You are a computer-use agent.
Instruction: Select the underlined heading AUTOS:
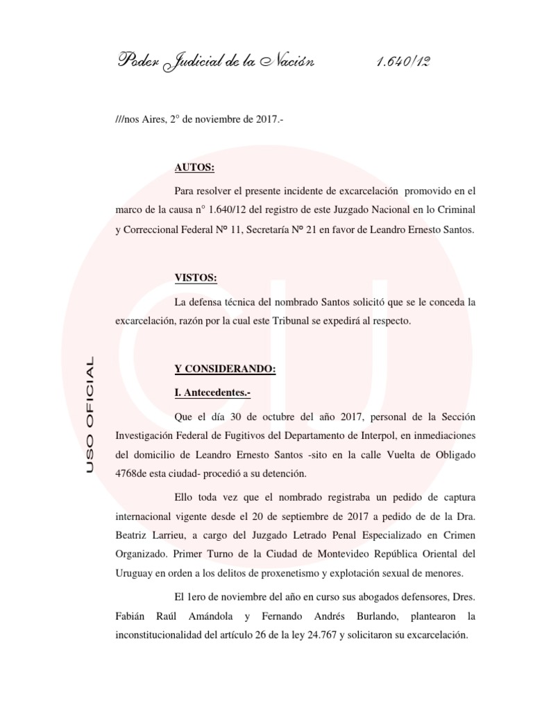[x=195, y=168]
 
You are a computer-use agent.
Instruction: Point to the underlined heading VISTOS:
[x=196, y=278]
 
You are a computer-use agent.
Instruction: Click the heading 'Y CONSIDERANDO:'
[x=225, y=370]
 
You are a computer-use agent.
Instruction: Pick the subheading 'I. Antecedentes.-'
[x=213, y=393]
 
